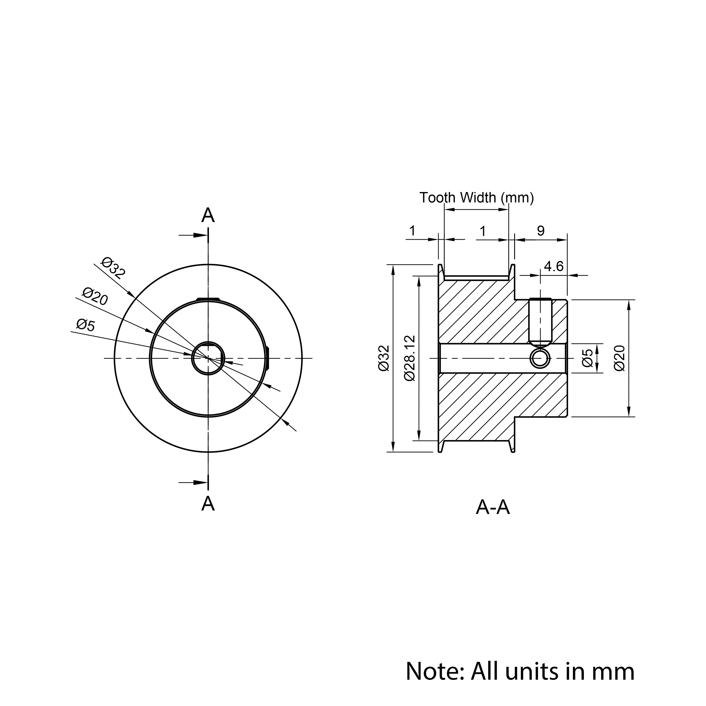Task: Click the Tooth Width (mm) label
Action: pyautogui.click(x=477, y=198)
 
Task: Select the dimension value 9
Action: pyautogui.click(x=541, y=231)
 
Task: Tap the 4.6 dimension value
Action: pyautogui.click(x=554, y=266)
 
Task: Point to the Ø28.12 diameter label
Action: pyautogui.click(x=410, y=358)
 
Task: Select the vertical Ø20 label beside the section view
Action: pyautogui.click(x=620, y=358)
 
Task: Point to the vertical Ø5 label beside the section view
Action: pyautogui.click(x=588, y=358)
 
